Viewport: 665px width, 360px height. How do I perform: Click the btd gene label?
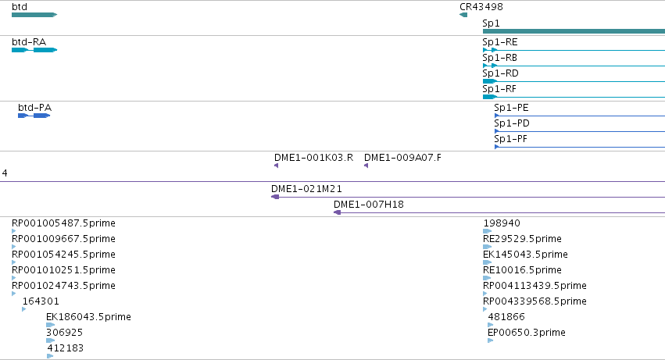20,7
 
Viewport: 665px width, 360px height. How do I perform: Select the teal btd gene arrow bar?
34,15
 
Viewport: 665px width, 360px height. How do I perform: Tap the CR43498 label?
481,7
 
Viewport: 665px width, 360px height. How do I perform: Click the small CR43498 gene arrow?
463,15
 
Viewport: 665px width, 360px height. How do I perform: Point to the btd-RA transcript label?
29,42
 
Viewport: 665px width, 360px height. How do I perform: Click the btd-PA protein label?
35,108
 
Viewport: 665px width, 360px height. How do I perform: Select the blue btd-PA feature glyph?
34,116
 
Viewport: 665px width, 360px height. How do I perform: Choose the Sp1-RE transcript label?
500,42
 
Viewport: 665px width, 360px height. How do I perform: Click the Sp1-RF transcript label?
499,89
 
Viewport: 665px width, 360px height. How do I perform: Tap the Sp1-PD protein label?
512,123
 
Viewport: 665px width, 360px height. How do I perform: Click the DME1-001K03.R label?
314,158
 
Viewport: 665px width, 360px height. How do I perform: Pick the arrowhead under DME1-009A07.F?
366,166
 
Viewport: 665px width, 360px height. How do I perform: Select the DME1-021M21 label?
306,189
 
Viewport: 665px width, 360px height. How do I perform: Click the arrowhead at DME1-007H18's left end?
337,212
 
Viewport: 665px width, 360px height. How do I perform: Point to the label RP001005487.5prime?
63,223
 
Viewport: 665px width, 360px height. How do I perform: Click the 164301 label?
41,301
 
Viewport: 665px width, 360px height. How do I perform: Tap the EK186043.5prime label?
88,317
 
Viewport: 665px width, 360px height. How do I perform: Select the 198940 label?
502,223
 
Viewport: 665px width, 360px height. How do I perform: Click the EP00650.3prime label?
527,333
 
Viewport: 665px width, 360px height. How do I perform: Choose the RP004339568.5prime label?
535,301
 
